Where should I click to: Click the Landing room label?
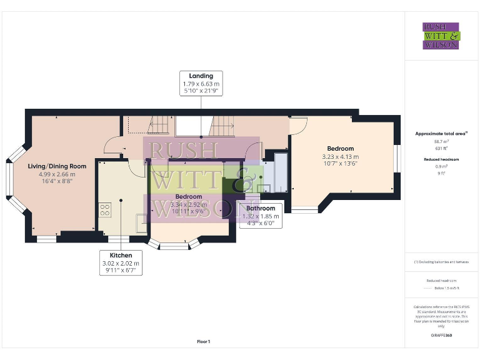click(201, 76)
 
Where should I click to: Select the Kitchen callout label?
click(121, 256)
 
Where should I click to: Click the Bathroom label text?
click(260, 208)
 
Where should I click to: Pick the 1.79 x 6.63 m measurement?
click(201, 84)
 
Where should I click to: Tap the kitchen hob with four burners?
click(104, 210)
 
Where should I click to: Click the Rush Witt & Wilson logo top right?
click(441, 36)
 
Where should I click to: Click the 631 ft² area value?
click(441, 149)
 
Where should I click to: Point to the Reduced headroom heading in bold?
click(441, 159)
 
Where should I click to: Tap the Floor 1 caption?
click(203, 341)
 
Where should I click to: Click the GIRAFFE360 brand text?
click(441, 336)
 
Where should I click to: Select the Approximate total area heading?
click(441, 134)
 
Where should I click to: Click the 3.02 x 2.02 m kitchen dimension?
click(121, 264)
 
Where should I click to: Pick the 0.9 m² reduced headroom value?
click(441, 166)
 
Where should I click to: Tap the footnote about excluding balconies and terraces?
click(441, 261)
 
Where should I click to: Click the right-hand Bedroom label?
click(340, 148)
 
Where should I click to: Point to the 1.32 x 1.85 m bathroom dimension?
click(260, 216)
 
